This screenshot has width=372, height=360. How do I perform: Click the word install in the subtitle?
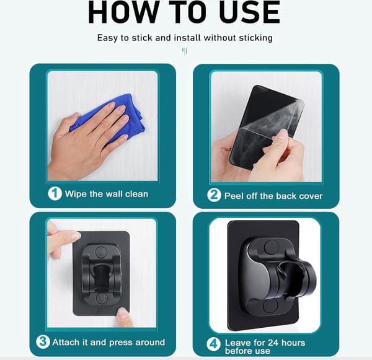[x=187, y=38]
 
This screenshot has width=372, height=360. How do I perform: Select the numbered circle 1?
[x=55, y=193]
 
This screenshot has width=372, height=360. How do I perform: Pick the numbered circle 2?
[x=214, y=195]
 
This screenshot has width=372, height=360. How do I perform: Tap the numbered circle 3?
[x=43, y=342]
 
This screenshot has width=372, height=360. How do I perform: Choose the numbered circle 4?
[x=214, y=344]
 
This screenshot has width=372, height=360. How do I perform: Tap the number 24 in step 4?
[x=273, y=343]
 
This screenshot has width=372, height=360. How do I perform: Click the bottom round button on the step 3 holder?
[x=102, y=299]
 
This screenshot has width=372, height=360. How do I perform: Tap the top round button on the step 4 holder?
[x=271, y=247]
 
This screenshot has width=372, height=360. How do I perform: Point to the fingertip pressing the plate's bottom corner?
[x=123, y=314]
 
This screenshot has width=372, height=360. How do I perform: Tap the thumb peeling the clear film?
[x=281, y=137]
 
